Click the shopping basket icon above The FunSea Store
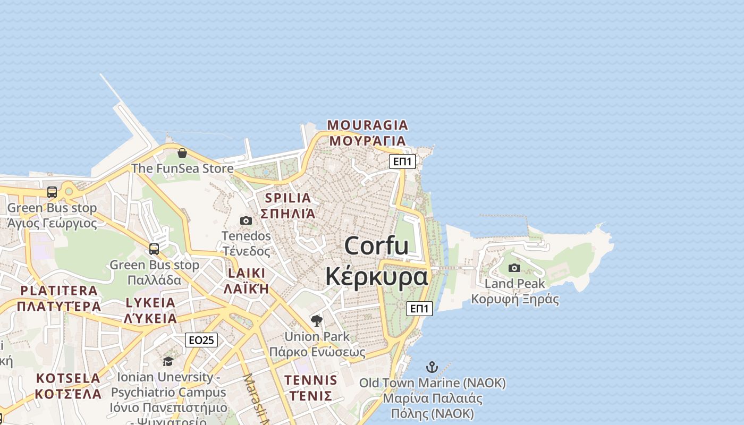click(182, 153)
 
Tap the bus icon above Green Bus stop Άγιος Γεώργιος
click(52, 192)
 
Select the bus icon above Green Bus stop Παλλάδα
click(154, 249)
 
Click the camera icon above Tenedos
click(246, 220)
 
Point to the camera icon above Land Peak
click(514, 268)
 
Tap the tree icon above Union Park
click(317, 320)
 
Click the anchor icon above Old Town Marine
click(432, 367)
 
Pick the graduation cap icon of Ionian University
click(168, 361)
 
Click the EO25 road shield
click(201, 340)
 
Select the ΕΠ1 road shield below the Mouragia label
click(402, 161)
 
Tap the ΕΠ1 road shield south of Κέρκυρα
click(419, 308)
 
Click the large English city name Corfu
click(376, 246)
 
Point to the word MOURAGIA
click(367, 125)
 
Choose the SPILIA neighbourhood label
click(288, 198)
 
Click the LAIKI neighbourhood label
click(246, 273)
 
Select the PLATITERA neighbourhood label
click(59, 291)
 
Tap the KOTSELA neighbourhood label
click(68, 378)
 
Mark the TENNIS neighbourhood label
click(310, 380)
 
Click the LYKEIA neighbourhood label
click(150, 302)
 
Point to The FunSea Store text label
click(182, 168)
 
